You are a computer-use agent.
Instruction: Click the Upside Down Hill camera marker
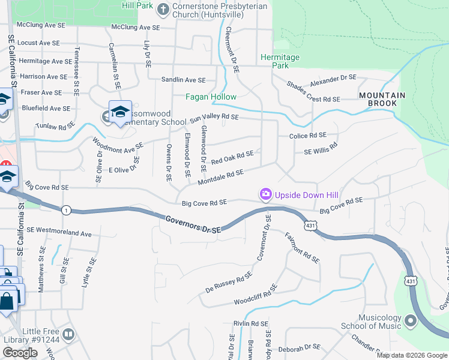pos(265,194)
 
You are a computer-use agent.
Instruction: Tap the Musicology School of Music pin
pos(411,322)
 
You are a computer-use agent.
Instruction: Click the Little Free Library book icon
pos(68,334)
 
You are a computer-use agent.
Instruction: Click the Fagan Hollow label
pos(211,97)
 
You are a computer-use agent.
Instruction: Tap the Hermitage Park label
pos(280,61)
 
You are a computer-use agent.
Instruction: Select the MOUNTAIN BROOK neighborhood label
pos(382,99)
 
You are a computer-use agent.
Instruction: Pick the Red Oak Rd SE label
pos(232,158)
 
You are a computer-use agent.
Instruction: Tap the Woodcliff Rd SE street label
pos(255,292)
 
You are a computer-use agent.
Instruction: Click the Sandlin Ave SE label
pos(183,80)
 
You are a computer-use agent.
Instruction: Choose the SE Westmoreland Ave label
pos(59,232)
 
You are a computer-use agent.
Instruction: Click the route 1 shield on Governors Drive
pos(65,209)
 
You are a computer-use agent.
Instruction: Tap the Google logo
pos(20,353)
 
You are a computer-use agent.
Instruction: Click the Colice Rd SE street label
pos(307,136)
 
